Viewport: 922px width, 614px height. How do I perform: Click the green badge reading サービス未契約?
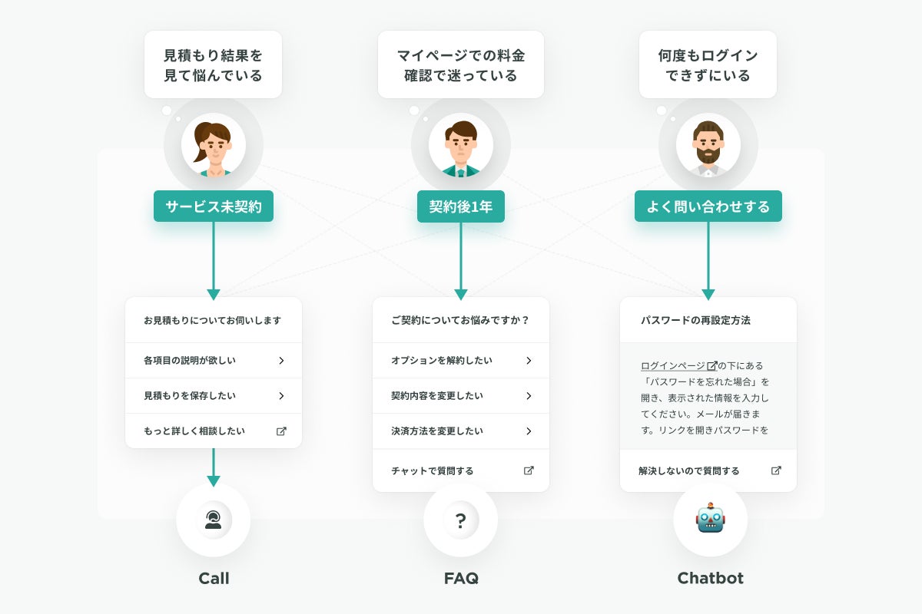214,206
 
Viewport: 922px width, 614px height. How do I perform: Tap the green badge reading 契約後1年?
461,206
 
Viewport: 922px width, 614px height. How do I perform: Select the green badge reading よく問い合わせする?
708,206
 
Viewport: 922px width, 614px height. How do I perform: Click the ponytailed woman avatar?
214,145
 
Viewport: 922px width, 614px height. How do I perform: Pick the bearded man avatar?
708,145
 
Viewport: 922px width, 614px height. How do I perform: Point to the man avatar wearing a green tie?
461,145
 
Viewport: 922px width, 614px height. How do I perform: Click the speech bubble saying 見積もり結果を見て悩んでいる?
214,65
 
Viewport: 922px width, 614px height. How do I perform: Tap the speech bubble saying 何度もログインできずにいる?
708,65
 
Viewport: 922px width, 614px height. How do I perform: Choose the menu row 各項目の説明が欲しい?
214,360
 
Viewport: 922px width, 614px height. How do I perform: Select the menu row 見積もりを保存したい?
214,396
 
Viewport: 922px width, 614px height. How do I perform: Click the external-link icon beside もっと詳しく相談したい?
281,431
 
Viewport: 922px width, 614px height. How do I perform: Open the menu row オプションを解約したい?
461,360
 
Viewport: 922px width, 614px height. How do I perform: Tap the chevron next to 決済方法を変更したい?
529,431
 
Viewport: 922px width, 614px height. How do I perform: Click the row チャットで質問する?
461,470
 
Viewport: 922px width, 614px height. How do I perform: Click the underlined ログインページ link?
674,366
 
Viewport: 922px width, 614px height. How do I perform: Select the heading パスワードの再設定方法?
695,320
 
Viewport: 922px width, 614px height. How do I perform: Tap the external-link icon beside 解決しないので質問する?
776,470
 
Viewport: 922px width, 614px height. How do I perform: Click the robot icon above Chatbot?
711,520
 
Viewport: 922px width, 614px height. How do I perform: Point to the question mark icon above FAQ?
461,520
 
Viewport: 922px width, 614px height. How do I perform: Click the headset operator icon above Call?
214,520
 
